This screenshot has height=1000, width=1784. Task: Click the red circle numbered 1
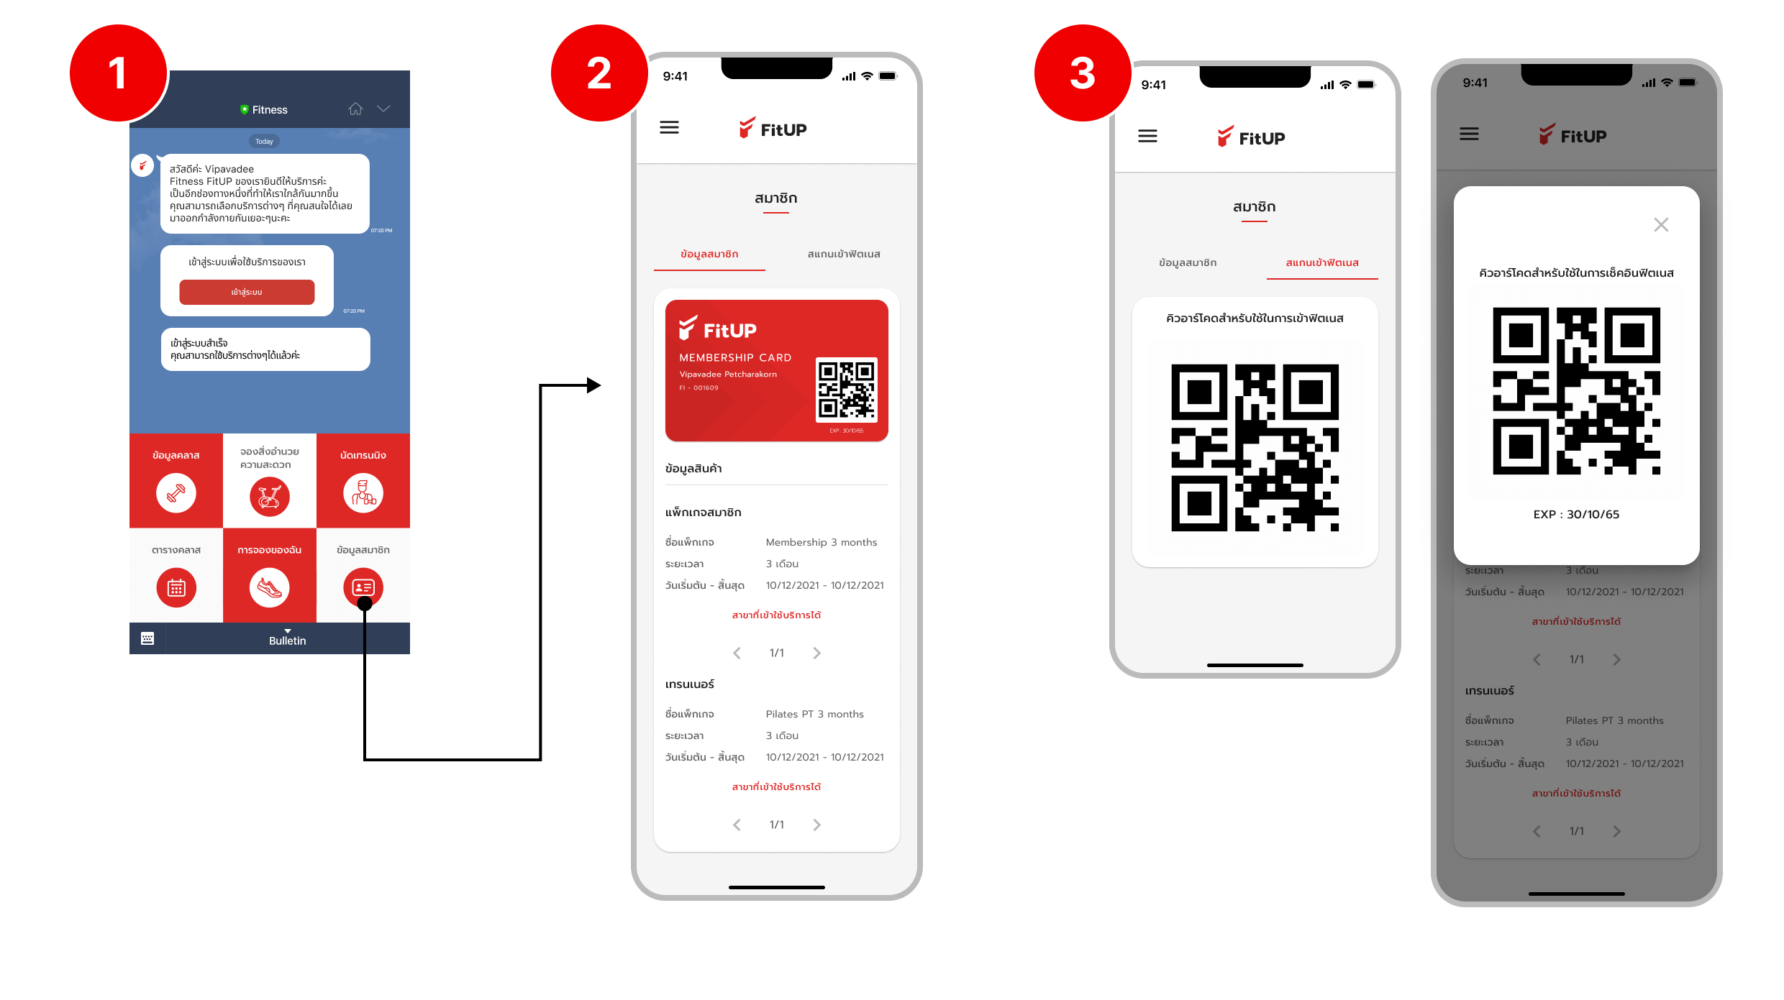(118, 73)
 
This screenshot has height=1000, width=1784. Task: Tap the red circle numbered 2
(599, 73)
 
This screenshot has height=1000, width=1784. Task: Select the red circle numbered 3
(1083, 73)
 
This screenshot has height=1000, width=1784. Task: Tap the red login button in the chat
(247, 292)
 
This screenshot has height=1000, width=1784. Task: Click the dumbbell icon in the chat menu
(176, 493)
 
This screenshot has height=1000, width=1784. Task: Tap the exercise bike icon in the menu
(270, 496)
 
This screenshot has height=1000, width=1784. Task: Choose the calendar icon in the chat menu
(176, 588)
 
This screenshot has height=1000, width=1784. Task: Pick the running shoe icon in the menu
(270, 588)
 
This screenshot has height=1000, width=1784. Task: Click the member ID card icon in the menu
(363, 587)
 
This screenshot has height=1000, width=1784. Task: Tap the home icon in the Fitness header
(355, 109)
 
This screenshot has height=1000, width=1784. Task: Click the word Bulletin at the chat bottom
(287, 641)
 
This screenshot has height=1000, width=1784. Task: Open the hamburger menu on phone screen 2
(669, 128)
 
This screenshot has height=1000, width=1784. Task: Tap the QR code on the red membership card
(847, 389)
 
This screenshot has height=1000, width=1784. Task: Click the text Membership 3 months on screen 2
(821, 542)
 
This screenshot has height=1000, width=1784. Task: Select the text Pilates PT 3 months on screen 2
(814, 714)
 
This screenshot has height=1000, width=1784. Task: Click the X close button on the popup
(1661, 225)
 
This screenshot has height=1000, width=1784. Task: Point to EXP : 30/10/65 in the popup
(1576, 515)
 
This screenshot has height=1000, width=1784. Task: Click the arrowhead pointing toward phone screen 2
(593, 385)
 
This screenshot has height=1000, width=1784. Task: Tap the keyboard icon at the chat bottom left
(147, 638)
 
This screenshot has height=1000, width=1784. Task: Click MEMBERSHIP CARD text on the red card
(735, 358)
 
